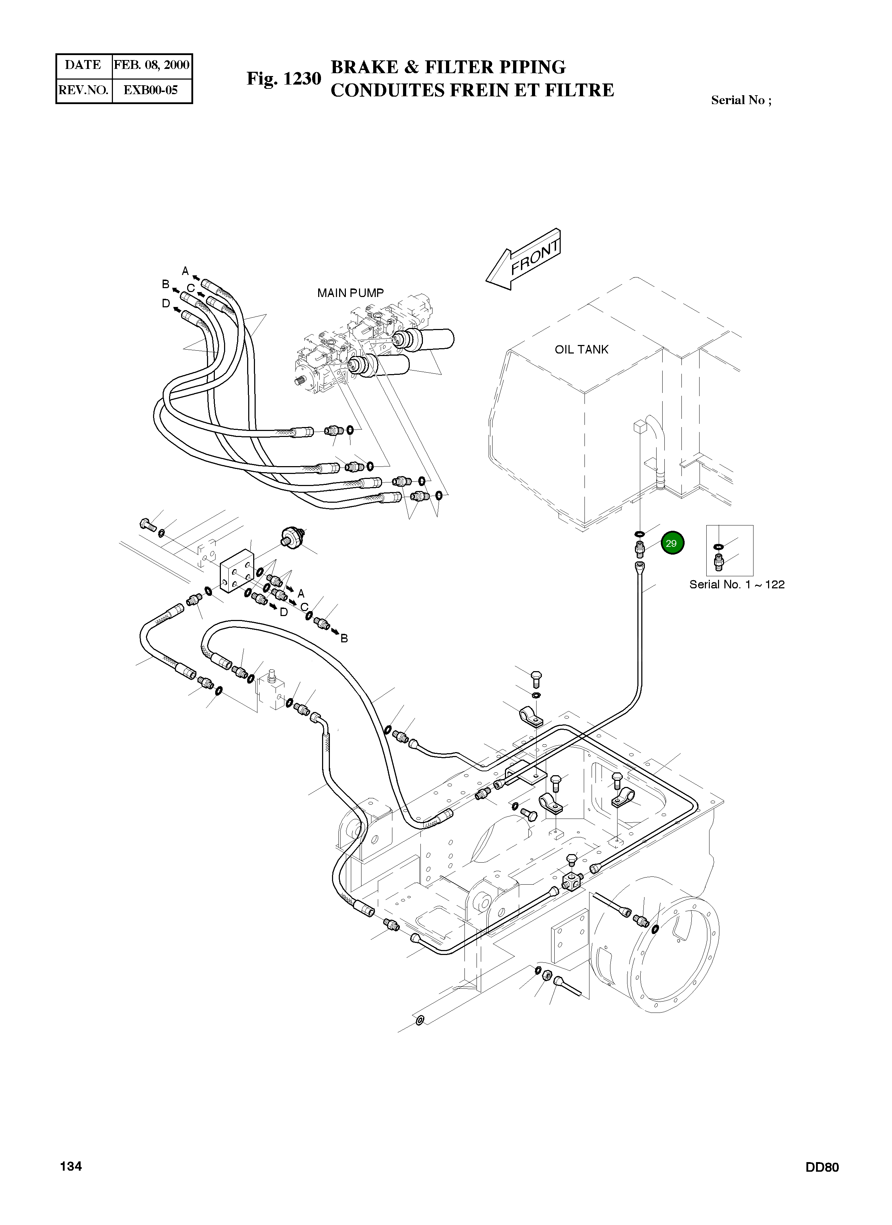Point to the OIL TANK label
click(582, 350)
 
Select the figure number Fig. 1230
click(284, 79)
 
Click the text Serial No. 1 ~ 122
click(737, 584)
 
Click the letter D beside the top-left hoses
click(166, 303)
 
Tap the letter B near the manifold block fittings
click(344, 638)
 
